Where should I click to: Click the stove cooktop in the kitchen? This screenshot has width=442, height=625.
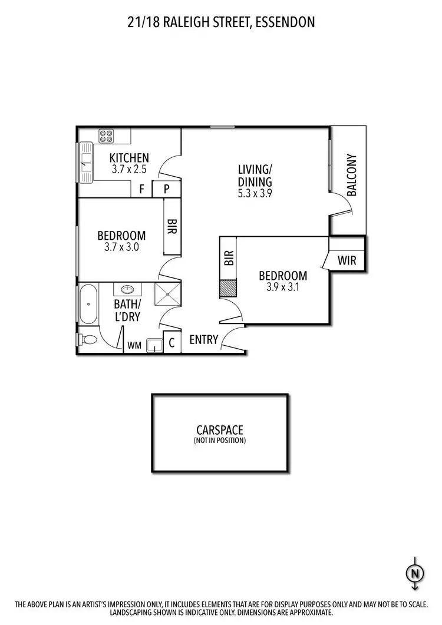pyautogui.click(x=106, y=136)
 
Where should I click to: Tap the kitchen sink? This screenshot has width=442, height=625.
pyautogui.click(x=86, y=163)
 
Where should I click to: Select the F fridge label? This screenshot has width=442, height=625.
pyautogui.click(x=141, y=189)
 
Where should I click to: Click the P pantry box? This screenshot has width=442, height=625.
pyautogui.click(x=166, y=189)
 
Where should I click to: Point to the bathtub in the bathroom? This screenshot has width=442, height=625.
pyautogui.click(x=88, y=304)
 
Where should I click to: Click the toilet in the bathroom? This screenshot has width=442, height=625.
pyautogui.click(x=88, y=340)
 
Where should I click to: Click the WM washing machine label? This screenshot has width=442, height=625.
pyautogui.click(x=134, y=346)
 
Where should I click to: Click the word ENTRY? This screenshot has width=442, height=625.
pyautogui.click(x=204, y=340)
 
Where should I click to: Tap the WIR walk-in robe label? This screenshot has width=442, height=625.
pyautogui.click(x=347, y=260)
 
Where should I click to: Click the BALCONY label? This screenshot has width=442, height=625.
pyautogui.click(x=352, y=175)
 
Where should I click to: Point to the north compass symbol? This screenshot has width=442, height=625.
pyautogui.click(x=415, y=571)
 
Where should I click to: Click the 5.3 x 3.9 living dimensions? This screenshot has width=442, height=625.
pyautogui.click(x=255, y=192)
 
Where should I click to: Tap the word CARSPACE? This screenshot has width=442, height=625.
pyautogui.click(x=220, y=431)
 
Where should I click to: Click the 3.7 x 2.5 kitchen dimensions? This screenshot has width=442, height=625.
pyautogui.click(x=128, y=168)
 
